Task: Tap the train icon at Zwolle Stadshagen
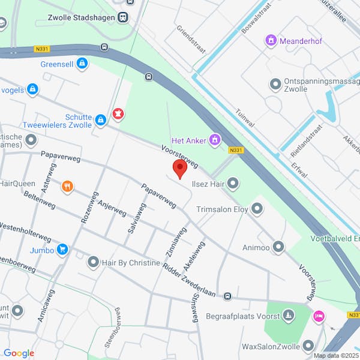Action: (x=123, y=17)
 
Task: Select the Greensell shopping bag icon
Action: (x=82, y=63)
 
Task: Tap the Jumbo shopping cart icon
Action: (x=62, y=250)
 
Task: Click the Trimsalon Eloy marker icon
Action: (x=257, y=209)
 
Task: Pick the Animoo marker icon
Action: (x=278, y=246)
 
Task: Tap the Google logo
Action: (x=19, y=353)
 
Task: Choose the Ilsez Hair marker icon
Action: (x=233, y=183)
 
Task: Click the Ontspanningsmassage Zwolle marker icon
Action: (x=275, y=84)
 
